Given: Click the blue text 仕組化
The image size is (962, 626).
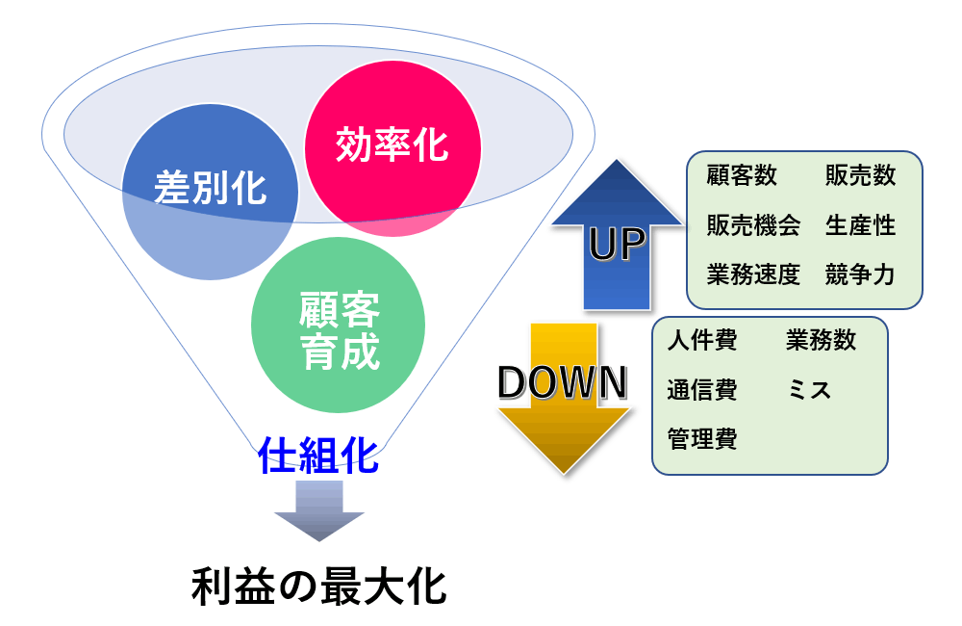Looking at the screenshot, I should click(x=318, y=455).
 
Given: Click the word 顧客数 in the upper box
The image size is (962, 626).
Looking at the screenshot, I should click(x=741, y=175).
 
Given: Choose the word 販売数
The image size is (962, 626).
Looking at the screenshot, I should click(x=860, y=175).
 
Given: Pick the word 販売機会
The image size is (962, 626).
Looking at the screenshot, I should click(x=753, y=225).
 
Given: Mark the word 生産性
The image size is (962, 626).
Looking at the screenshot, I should click(x=860, y=225).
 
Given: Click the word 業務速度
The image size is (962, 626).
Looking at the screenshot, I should click(x=753, y=275).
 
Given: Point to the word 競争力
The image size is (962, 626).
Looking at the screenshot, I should click(x=860, y=275).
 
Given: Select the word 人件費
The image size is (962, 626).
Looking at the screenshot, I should click(x=702, y=341).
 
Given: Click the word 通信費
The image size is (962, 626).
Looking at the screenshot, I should click(x=702, y=391).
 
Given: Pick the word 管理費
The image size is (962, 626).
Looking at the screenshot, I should click(x=702, y=441).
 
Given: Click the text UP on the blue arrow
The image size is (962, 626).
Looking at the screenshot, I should click(x=617, y=245).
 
